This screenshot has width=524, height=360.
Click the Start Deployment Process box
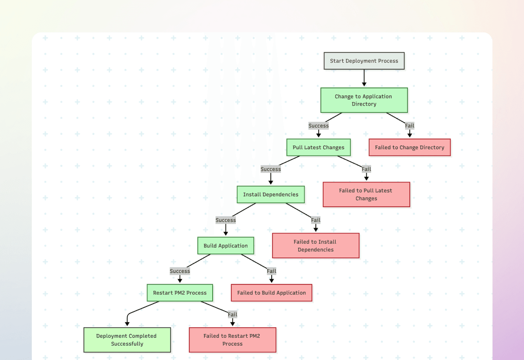click(364, 61)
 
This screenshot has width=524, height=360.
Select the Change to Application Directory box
click(364, 100)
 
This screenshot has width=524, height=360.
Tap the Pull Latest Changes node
click(318, 147)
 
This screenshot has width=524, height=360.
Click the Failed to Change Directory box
click(409, 147)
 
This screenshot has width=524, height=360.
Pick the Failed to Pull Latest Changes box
click(366, 195)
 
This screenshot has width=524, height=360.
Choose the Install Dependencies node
click(271, 195)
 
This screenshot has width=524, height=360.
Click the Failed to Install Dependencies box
click(315, 246)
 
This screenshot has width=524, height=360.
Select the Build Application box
click(225, 246)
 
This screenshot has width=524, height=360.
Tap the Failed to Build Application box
click(271, 293)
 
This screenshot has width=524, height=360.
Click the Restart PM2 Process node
click(179, 293)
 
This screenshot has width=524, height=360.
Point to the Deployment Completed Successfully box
click(127, 340)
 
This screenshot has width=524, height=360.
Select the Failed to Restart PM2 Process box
click(232, 340)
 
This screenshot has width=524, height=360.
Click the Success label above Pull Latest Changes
click(318, 126)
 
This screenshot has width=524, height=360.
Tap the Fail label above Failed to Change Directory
click(409, 126)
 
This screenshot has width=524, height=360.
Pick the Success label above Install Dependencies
click(271, 169)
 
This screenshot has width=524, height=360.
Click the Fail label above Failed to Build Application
click(271, 271)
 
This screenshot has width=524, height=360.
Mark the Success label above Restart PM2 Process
click(179, 271)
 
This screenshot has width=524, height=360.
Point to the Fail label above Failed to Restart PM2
click(232, 314)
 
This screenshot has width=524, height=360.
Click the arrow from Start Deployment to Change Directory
click(364, 78)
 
